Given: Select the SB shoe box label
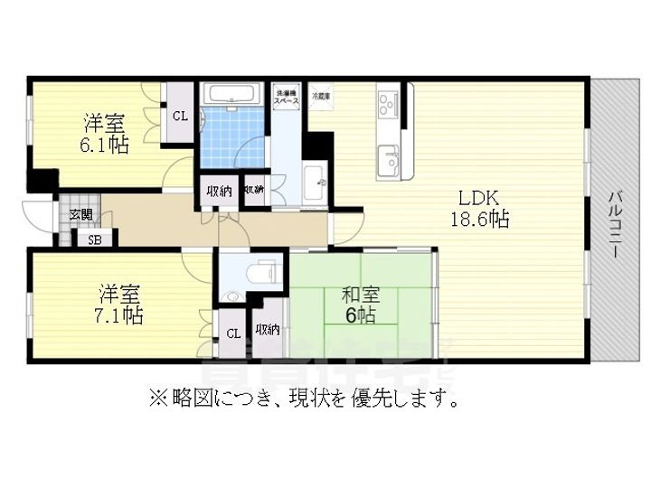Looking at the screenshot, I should [93, 239].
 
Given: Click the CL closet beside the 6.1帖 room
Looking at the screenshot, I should [180, 116].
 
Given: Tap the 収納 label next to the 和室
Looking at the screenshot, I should [267, 329].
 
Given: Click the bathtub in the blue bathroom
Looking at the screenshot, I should [231, 95].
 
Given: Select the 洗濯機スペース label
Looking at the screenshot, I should [287, 97].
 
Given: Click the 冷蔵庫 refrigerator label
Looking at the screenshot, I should [321, 94].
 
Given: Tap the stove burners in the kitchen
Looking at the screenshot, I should [390, 104].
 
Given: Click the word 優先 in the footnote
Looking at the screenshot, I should [373, 398].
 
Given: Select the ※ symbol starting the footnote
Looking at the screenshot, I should [156, 398].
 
